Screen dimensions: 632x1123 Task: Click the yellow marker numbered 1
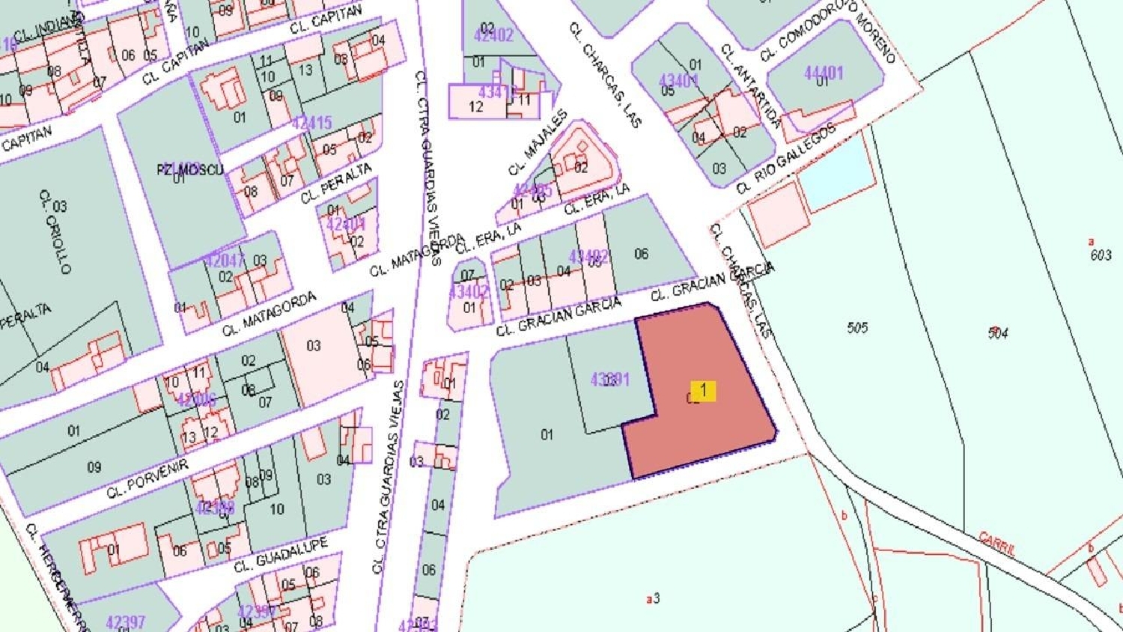coord(703,391)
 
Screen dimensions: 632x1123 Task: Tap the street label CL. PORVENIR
coord(147,479)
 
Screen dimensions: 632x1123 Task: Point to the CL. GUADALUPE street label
coord(281,555)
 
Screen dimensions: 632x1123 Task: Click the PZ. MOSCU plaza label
coord(190,169)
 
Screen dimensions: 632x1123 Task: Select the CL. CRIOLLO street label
coord(55,231)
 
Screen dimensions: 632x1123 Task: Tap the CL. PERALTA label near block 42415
coord(336,184)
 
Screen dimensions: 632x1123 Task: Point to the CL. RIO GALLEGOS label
coord(785,159)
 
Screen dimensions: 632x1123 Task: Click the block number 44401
coord(824,73)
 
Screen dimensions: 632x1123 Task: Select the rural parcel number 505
coord(857,327)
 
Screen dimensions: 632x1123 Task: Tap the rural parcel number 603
coord(1101,255)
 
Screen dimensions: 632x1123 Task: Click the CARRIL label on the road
coord(997,543)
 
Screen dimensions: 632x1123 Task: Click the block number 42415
coord(311,123)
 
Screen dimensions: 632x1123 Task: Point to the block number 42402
coord(493,35)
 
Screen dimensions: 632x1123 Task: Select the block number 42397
coord(126,622)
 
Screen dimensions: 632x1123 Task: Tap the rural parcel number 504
coord(998,333)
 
